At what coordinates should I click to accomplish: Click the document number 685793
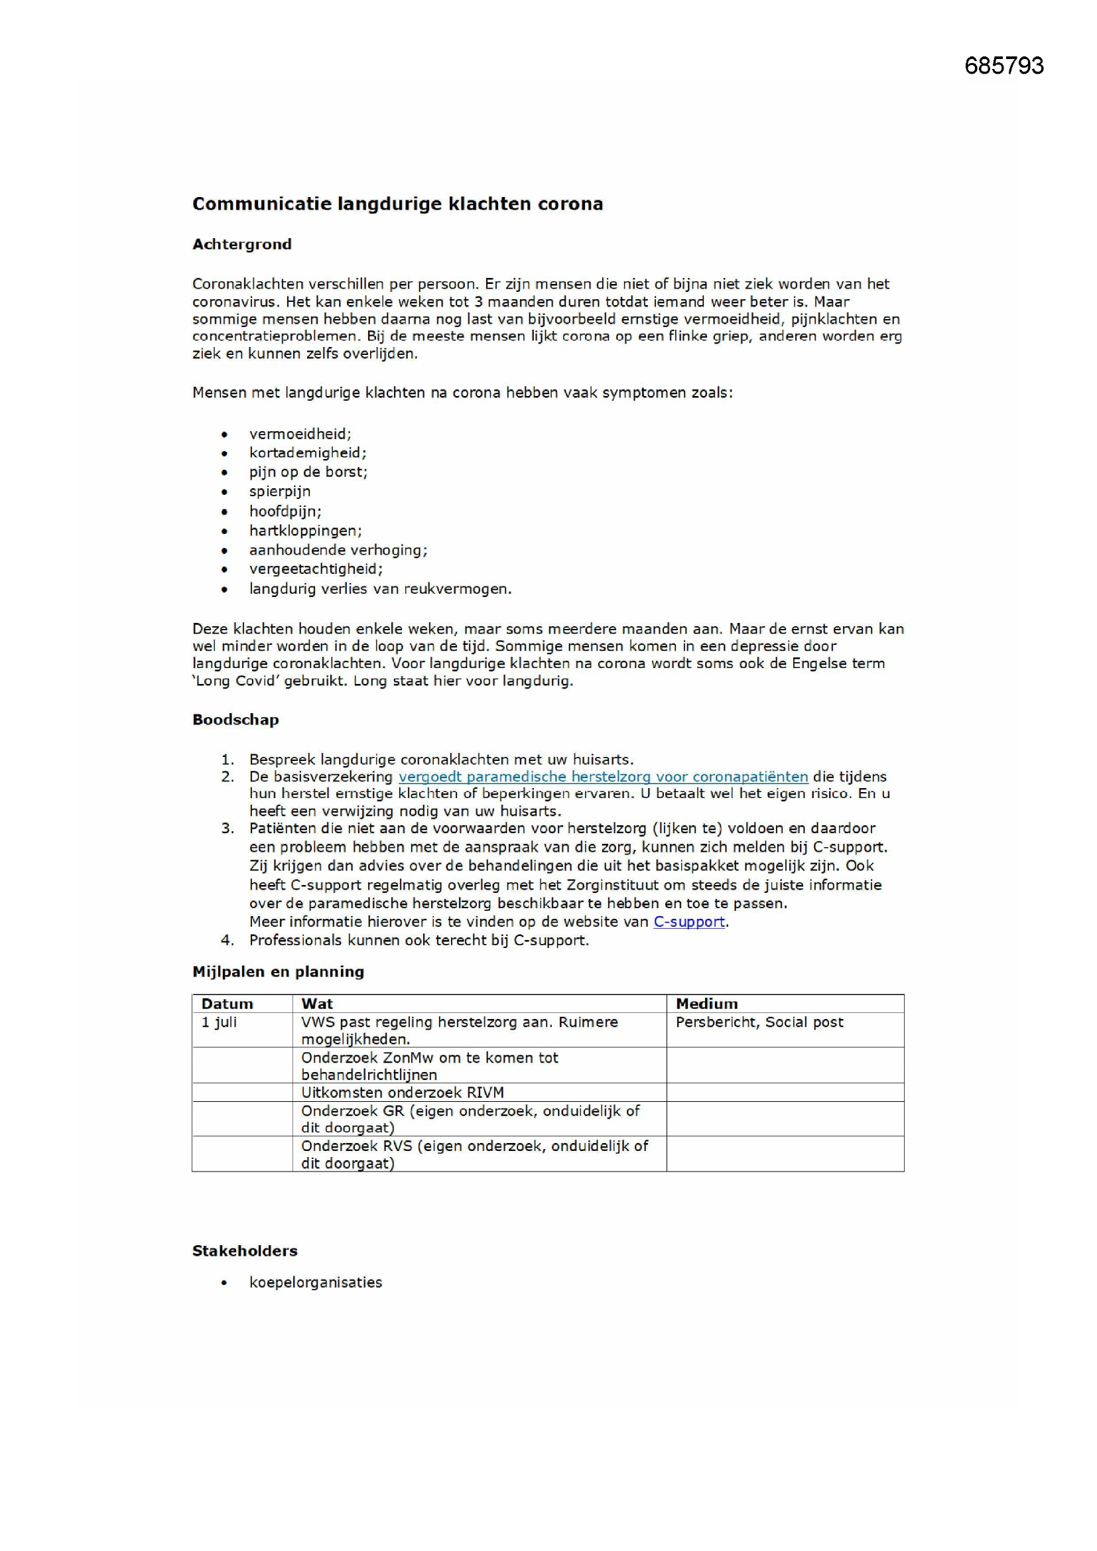[x=1003, y=66]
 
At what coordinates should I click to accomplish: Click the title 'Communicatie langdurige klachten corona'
[x=397, y=204]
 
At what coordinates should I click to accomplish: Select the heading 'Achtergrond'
[x=242, y=245]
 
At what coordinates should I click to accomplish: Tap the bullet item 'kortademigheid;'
[x=307, y=452]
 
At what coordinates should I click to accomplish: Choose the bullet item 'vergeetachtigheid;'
[x=316, y=569]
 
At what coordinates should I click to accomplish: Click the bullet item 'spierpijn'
[x=280, y=492]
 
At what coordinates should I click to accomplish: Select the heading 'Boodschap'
[x=235, y=720]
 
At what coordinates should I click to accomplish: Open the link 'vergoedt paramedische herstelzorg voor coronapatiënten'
[x=602, y=777]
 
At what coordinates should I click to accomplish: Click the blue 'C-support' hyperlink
[x=688, y=922]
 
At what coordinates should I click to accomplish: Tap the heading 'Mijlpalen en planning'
[x=278, y=972]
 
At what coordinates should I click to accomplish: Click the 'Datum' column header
[x=227, y=1004]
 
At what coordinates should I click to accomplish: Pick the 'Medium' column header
[x=706, y=1004]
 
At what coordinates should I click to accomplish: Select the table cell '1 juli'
[x=219, y=1022]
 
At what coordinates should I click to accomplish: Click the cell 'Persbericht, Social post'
[x=759, y=1022]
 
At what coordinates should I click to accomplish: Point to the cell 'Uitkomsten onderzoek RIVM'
[x=402, y=1093]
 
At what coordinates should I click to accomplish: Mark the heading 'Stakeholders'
[x=245, y=1251]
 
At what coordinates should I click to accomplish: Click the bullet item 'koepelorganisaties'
[x=316, y=1283]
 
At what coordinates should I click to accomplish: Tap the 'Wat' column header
[x=317, y=1004]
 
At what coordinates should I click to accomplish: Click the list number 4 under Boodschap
[x=227, y=940]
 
